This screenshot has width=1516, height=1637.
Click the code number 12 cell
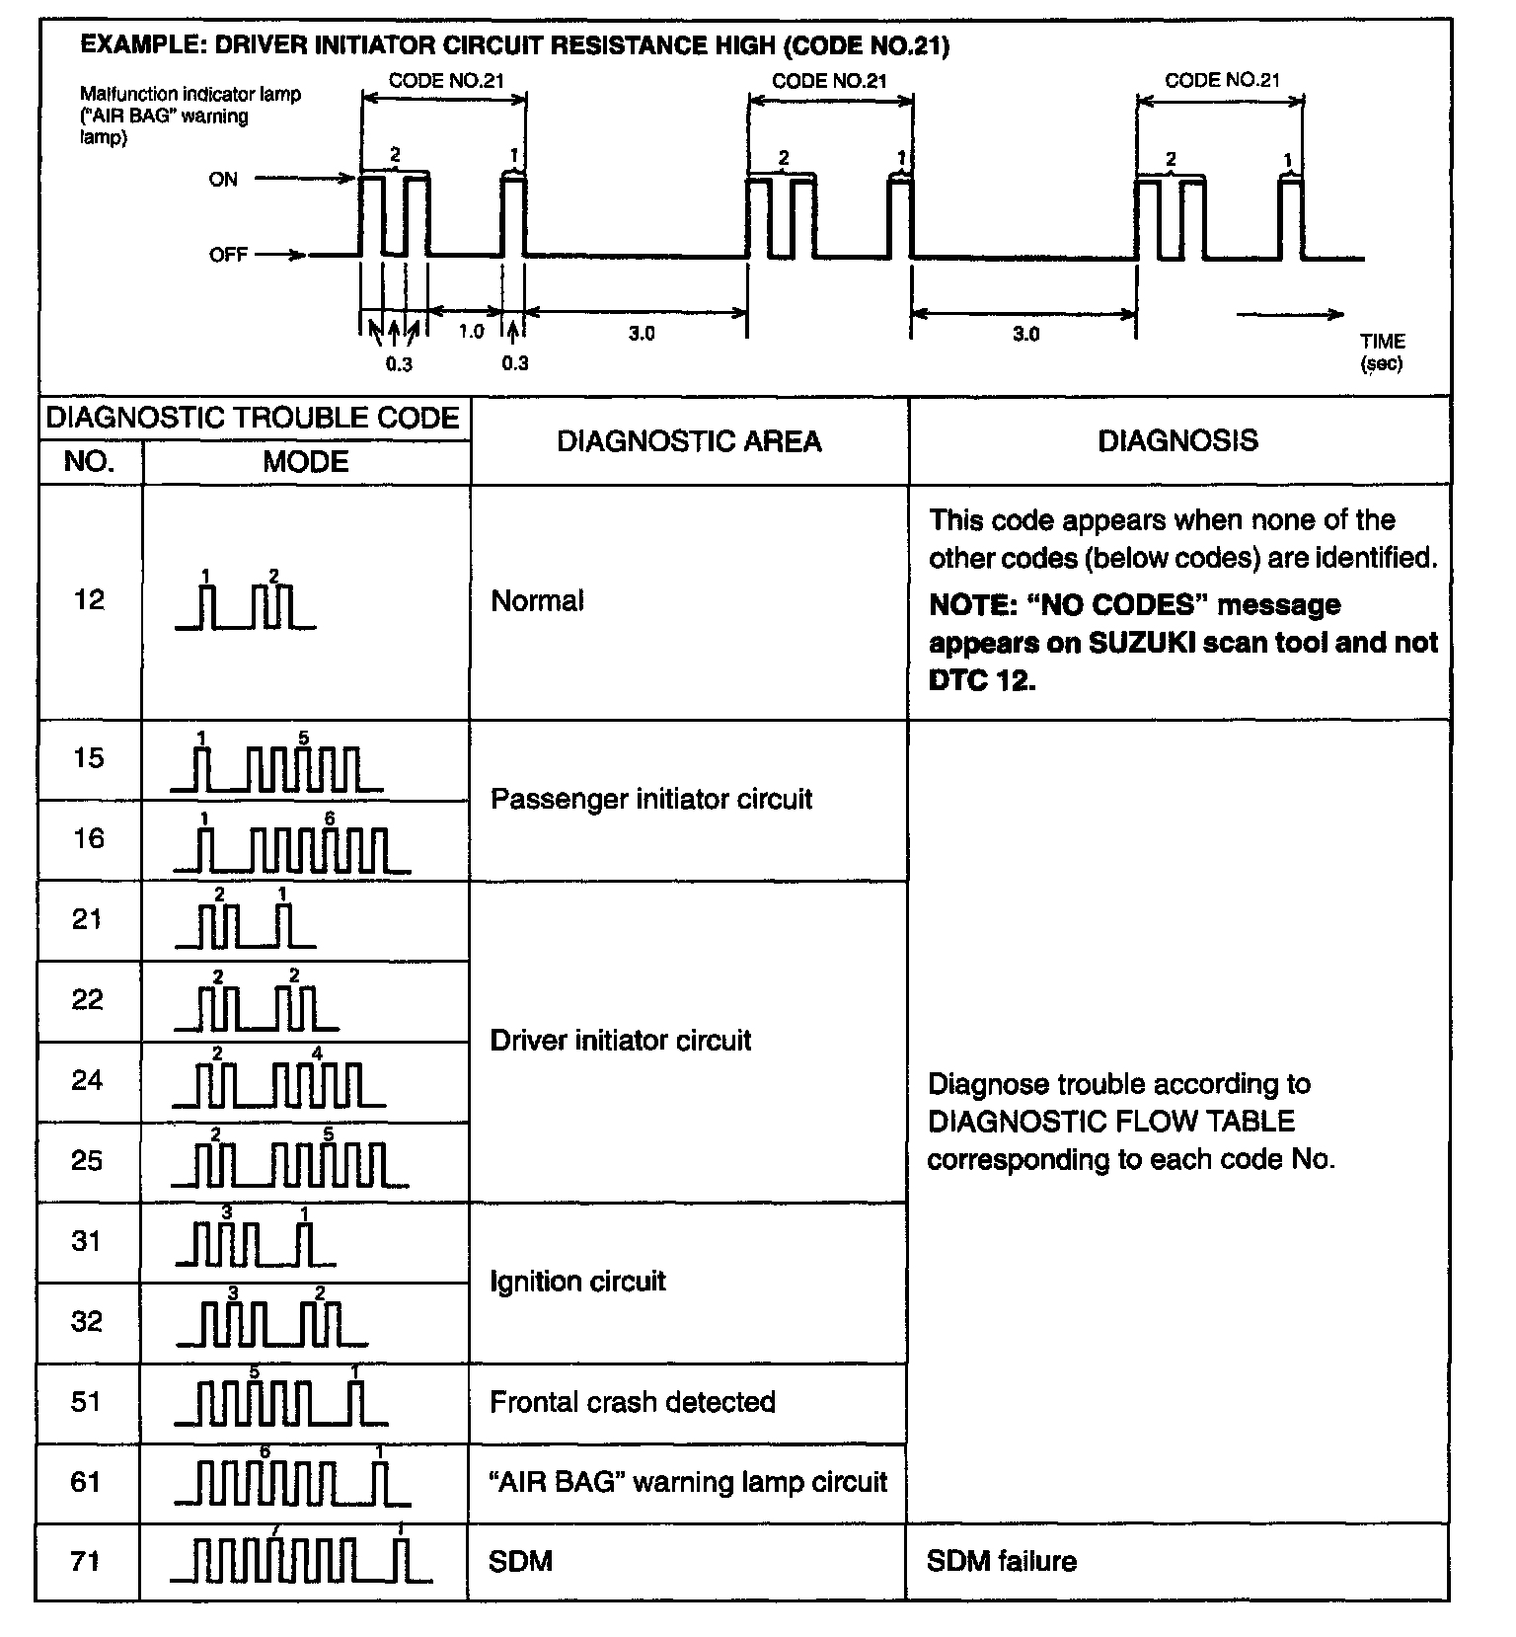click(x=89, y=600)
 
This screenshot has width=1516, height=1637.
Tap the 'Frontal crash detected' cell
click(x=633, y=1402)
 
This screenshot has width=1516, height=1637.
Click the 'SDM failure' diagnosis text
click(x=1001, y=1561)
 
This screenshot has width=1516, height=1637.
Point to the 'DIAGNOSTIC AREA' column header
click(x=689, y=441)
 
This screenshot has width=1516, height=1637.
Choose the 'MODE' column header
click(x=306, y=462)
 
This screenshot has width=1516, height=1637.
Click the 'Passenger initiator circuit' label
click(x=651, y=799)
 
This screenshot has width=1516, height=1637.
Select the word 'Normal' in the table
click(x=537, y=600)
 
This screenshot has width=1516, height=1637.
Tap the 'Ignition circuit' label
click(x=577, y=1282)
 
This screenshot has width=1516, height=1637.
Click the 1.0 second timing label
click(x=471, y=332)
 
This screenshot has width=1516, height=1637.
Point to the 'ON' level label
click(x=223, y=180)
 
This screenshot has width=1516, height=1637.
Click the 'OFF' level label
click(x=228, y=255)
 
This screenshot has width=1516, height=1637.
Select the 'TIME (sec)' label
click(x=1382, y=352)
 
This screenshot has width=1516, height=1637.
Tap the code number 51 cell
click(x=87, y=1402)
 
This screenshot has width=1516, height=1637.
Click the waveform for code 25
click(x=290, y=1162)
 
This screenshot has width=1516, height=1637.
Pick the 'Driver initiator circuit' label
click(x=621, y=1041)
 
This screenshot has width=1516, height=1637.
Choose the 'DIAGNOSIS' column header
click(x=1177, y=440)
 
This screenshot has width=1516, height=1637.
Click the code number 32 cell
click(x=87, y=1321)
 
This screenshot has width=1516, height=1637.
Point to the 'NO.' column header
click(x=89, y=462)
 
